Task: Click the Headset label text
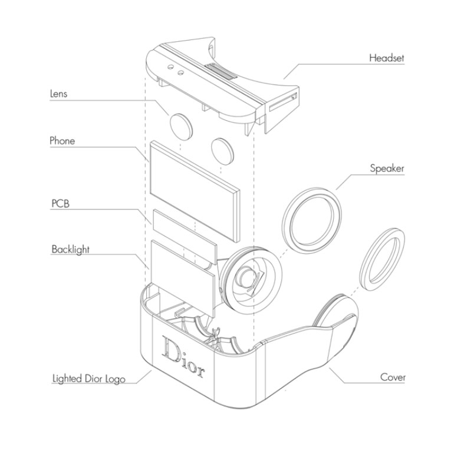click(x=386, y=58)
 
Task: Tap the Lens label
click(x=58, y=94)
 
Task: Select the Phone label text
click(x=62, y=141)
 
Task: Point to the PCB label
click(x=61, y=204)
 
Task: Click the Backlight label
click(x=70, y=250)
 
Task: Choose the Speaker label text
click(x=387, y=168)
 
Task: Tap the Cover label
click(x=393, y=377)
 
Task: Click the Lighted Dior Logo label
click(x=88, y=379)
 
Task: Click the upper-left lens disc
click(x=181, y=127)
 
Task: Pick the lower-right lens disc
click(x=222, y=151)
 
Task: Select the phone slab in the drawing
click(x=195, y=191)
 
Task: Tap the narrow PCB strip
click(x=185, y=237)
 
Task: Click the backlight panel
click(x=183, y=278)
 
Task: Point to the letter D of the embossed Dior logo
click(x=171, y=349)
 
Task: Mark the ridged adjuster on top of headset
click(x=221, y=71)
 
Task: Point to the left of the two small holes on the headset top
click(x=170, y=67)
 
